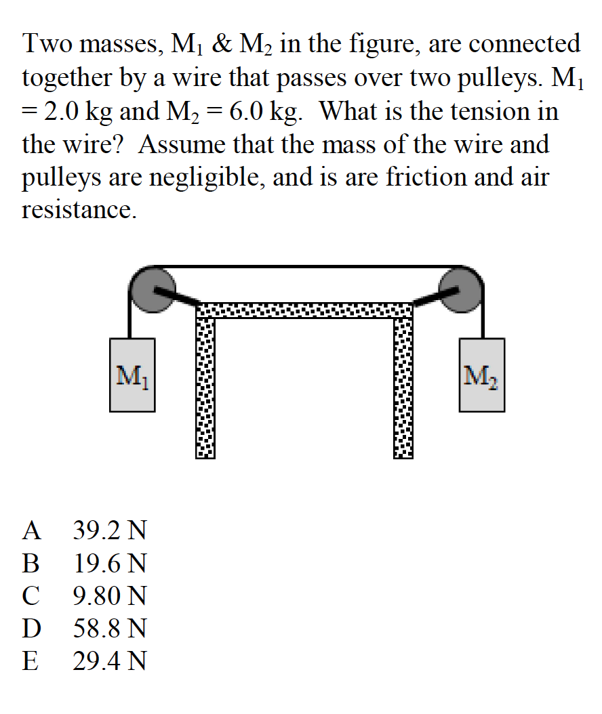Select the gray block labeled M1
132,375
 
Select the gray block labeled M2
481,375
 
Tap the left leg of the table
205,386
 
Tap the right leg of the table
402,386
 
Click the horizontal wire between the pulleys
305,266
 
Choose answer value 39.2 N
109,530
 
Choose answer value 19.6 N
109,564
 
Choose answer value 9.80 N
109,596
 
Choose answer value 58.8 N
109,629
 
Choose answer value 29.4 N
109,662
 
